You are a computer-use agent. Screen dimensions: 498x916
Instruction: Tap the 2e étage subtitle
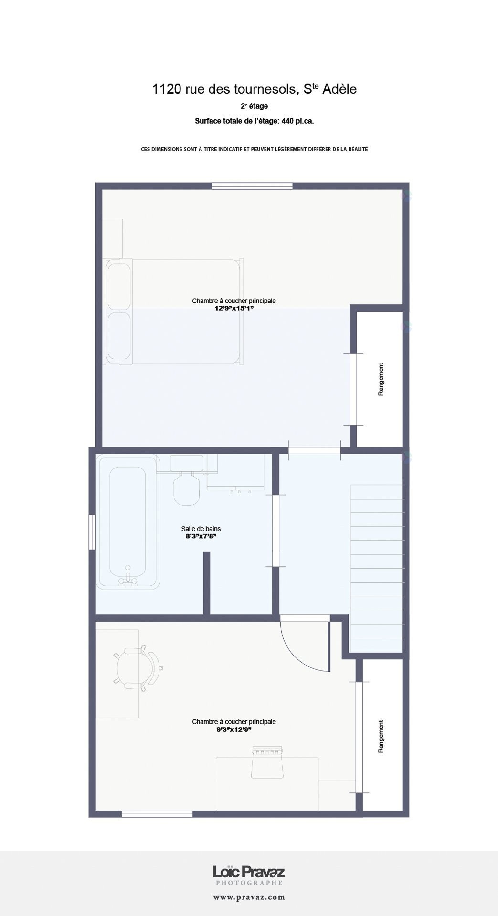click(x=254, y=106)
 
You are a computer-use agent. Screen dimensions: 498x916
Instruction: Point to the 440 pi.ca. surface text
click(x=297, y=121)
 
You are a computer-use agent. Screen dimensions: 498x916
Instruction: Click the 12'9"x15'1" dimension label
click(x=233, y=309)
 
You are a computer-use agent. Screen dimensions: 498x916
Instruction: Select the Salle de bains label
click(x=201, y=529)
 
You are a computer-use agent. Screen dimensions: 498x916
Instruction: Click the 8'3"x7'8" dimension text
click(x=201, y=536)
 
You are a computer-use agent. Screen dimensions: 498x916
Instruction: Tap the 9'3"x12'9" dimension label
click(x=233, y=729)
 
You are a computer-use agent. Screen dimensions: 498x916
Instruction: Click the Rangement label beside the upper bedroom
click(x=381, y=379)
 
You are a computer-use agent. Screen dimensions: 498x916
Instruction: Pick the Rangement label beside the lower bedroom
click(x=381, y=737)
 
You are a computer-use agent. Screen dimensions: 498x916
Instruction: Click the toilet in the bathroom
click(x=187, y=480)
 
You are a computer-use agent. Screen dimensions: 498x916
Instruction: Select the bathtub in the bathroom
click(x=128, y=522)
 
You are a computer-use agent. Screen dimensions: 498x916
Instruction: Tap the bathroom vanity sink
click(x=235, y=472)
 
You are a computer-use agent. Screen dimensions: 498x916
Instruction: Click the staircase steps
click(x=377, y=568)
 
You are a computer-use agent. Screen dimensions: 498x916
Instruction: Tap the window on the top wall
click(x=252, y=186)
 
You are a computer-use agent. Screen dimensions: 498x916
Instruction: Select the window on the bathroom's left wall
click(x=92, y=532)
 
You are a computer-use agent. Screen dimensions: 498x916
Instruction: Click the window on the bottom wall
click(x=157, y=814)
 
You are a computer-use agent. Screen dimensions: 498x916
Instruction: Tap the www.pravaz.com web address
click(x=249, y=897)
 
